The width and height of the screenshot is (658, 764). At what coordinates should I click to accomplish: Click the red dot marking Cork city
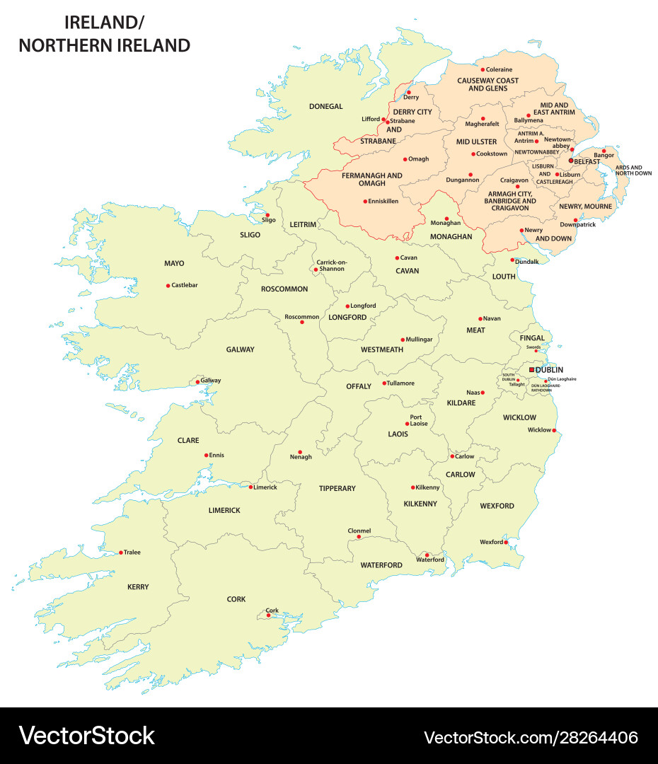click(268, 615)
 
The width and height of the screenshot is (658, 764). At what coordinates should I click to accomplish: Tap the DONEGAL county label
click(325, 107)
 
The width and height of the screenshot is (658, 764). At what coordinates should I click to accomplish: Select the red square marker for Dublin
click(531, 369)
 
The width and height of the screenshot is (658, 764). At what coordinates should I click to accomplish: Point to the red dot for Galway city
click(198, 383)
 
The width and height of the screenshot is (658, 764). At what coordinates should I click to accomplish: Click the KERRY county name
click(138, 587)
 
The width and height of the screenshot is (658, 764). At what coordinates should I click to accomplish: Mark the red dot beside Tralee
click(121, 552)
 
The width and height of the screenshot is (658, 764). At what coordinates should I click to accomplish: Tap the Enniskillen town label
click(383, 202)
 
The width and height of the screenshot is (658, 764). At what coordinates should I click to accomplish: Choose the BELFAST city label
click(587, 161)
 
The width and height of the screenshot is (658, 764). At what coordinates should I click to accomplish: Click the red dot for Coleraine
click(483, 69)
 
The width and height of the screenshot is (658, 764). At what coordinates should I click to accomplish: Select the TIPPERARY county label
click(337, 489)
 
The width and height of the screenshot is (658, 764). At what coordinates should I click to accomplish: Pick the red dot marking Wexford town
click(506, 543)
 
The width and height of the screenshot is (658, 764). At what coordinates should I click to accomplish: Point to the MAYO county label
click(174, 264)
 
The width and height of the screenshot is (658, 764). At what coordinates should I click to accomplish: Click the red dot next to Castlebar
click(168, 286)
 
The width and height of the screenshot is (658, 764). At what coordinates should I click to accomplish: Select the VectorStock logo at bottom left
click(86, 736)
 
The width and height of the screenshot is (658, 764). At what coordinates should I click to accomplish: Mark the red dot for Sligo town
click(267, 215)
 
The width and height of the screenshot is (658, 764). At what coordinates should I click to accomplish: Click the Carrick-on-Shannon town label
click(332, 266)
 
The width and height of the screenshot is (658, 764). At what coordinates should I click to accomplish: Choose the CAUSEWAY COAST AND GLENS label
click(487, 84)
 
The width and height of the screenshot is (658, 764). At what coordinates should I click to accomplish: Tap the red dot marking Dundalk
click(512, 260)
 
